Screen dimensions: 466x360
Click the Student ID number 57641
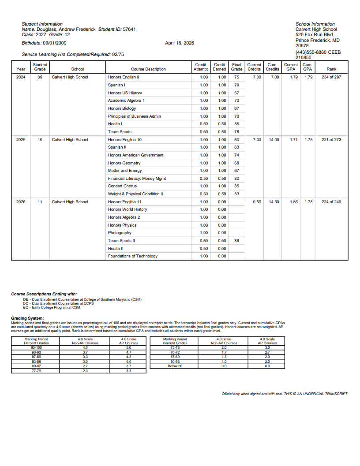tap(129, 29)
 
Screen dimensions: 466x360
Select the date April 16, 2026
tap(180, 43)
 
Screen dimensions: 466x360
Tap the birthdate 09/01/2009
tap(55, 43)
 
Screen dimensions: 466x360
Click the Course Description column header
tap(148, 69)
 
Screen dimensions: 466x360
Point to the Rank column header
tap(331, 69)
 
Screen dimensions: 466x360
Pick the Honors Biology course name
tap(122, 108)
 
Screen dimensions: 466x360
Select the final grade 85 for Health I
tap(237, 124)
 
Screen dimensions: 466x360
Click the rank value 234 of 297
tap(331, 77)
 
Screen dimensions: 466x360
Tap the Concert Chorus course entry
tap(122, 186)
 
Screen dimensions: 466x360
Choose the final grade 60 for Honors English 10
tap(237, 140)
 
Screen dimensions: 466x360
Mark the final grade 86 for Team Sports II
tap(237, 241)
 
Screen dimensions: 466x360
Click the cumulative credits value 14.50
tap(274, 202)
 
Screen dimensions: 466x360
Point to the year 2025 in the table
tap(21, 140)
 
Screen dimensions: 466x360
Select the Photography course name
tap(120, 233)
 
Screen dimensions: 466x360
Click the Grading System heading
tap(27, 318)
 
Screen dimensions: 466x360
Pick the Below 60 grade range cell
tap(175, 366)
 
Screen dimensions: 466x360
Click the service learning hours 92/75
tap(118, 54)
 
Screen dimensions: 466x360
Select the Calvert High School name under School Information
tap(316, 29)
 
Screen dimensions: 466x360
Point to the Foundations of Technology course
tap(133, 256)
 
